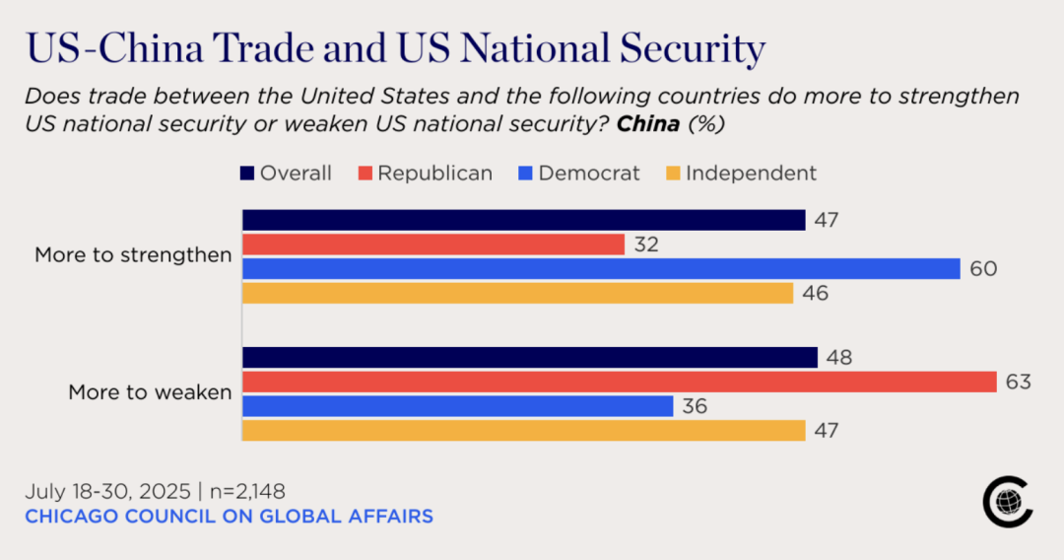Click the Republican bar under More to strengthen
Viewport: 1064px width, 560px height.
pos(433,245)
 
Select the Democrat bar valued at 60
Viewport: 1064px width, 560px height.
pos(601,269)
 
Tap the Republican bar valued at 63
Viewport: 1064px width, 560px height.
pos(620,382)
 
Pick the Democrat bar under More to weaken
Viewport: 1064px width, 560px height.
pos(458,406)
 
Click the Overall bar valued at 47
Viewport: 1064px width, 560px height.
pos(524,220)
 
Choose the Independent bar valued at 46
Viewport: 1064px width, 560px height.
pos(517,294)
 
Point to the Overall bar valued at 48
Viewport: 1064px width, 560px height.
pos(530,357)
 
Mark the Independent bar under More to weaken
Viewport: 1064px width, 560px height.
pos(524,431)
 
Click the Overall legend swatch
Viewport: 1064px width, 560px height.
pos(248,175)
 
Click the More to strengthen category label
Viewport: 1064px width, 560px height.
pos(133,255)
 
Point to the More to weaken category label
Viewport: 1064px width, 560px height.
pos(150,392)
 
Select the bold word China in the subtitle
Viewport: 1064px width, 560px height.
pos(648,126)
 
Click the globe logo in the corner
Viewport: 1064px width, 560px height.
pos(1007,503)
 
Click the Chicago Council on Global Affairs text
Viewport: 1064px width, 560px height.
pos(229,517)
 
